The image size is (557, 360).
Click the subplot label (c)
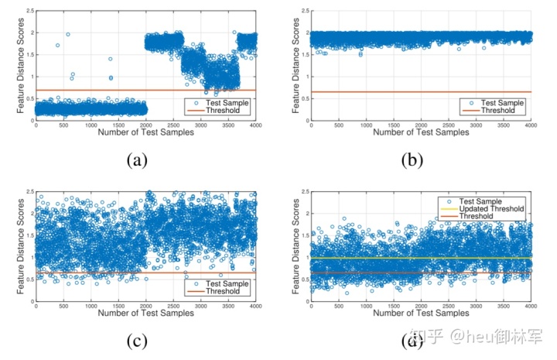[x=137, y=338]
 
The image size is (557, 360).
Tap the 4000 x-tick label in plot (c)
[x=255, y=303]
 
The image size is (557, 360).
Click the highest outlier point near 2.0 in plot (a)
[x=68, y=35]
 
